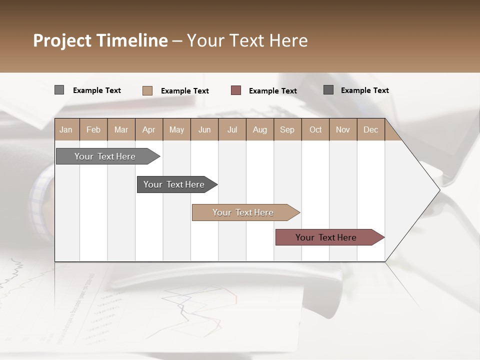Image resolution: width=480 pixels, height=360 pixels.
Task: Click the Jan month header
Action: [x=66, y=129]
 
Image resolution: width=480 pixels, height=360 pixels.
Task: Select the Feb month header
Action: [x=93, y=129]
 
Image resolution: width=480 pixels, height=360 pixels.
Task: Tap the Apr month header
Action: [x=148, y=129]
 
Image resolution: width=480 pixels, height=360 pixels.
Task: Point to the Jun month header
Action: [x=204, y=129]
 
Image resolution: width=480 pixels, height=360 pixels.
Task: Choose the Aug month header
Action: [x=260, y=129]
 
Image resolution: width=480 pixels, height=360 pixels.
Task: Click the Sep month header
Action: [x=287, y=129]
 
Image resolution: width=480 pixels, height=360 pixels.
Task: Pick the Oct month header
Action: [x=315, y=129]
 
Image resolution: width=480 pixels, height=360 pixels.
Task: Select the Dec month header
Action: [x=370, y=129]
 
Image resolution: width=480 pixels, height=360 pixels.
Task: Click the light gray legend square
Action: [x=59, y=90]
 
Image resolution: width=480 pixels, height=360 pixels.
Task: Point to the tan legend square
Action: [x=147, y=90]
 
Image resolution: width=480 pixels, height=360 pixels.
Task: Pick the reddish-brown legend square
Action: [x=236, y=90]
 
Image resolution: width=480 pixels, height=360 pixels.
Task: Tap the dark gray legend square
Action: [x=328, y=90]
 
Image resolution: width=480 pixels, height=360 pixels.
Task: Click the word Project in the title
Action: [x=62, y=40]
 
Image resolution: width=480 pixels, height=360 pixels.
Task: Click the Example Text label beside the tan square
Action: [x=184, y=91]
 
